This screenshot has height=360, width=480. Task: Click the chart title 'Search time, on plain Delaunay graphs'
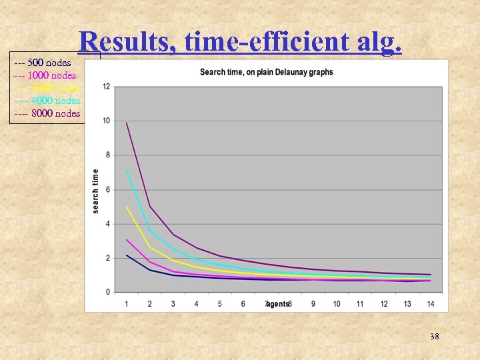pyautogui.click(x=266, y=72)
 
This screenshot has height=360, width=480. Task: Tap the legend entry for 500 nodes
pyautogui.click(x=43, y=63)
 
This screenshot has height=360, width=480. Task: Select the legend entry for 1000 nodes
pyautogui.click(x=45, y=76)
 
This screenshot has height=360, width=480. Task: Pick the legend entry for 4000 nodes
pyautogui.click(x=47, y=101)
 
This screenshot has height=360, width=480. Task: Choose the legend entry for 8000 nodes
pyautogui.click(x=47, y=113)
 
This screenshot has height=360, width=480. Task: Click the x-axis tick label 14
pyautogui.click(x=431, y=304)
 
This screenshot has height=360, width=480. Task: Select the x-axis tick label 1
pyautogui.click(x=127, y=304)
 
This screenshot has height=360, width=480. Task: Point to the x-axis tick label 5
pyautogui.click(x=220, y=304)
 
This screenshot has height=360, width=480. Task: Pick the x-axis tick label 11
pyautogui.click(x=360, y=304)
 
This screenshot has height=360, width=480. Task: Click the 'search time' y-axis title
pyautogui.click(x=96, y=191)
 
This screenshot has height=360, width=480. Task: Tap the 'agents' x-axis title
pyautogui.click(x=278, y=304)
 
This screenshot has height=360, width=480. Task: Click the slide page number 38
pyautogui.click(x=434, y=337)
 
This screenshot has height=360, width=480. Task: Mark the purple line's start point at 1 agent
pyautogui.click(x=127, y=123)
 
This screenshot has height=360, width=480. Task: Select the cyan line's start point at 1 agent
pyautogui.click(x=127, y=170)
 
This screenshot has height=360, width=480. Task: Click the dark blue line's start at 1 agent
pyautogui.click(x=127, y=255)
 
